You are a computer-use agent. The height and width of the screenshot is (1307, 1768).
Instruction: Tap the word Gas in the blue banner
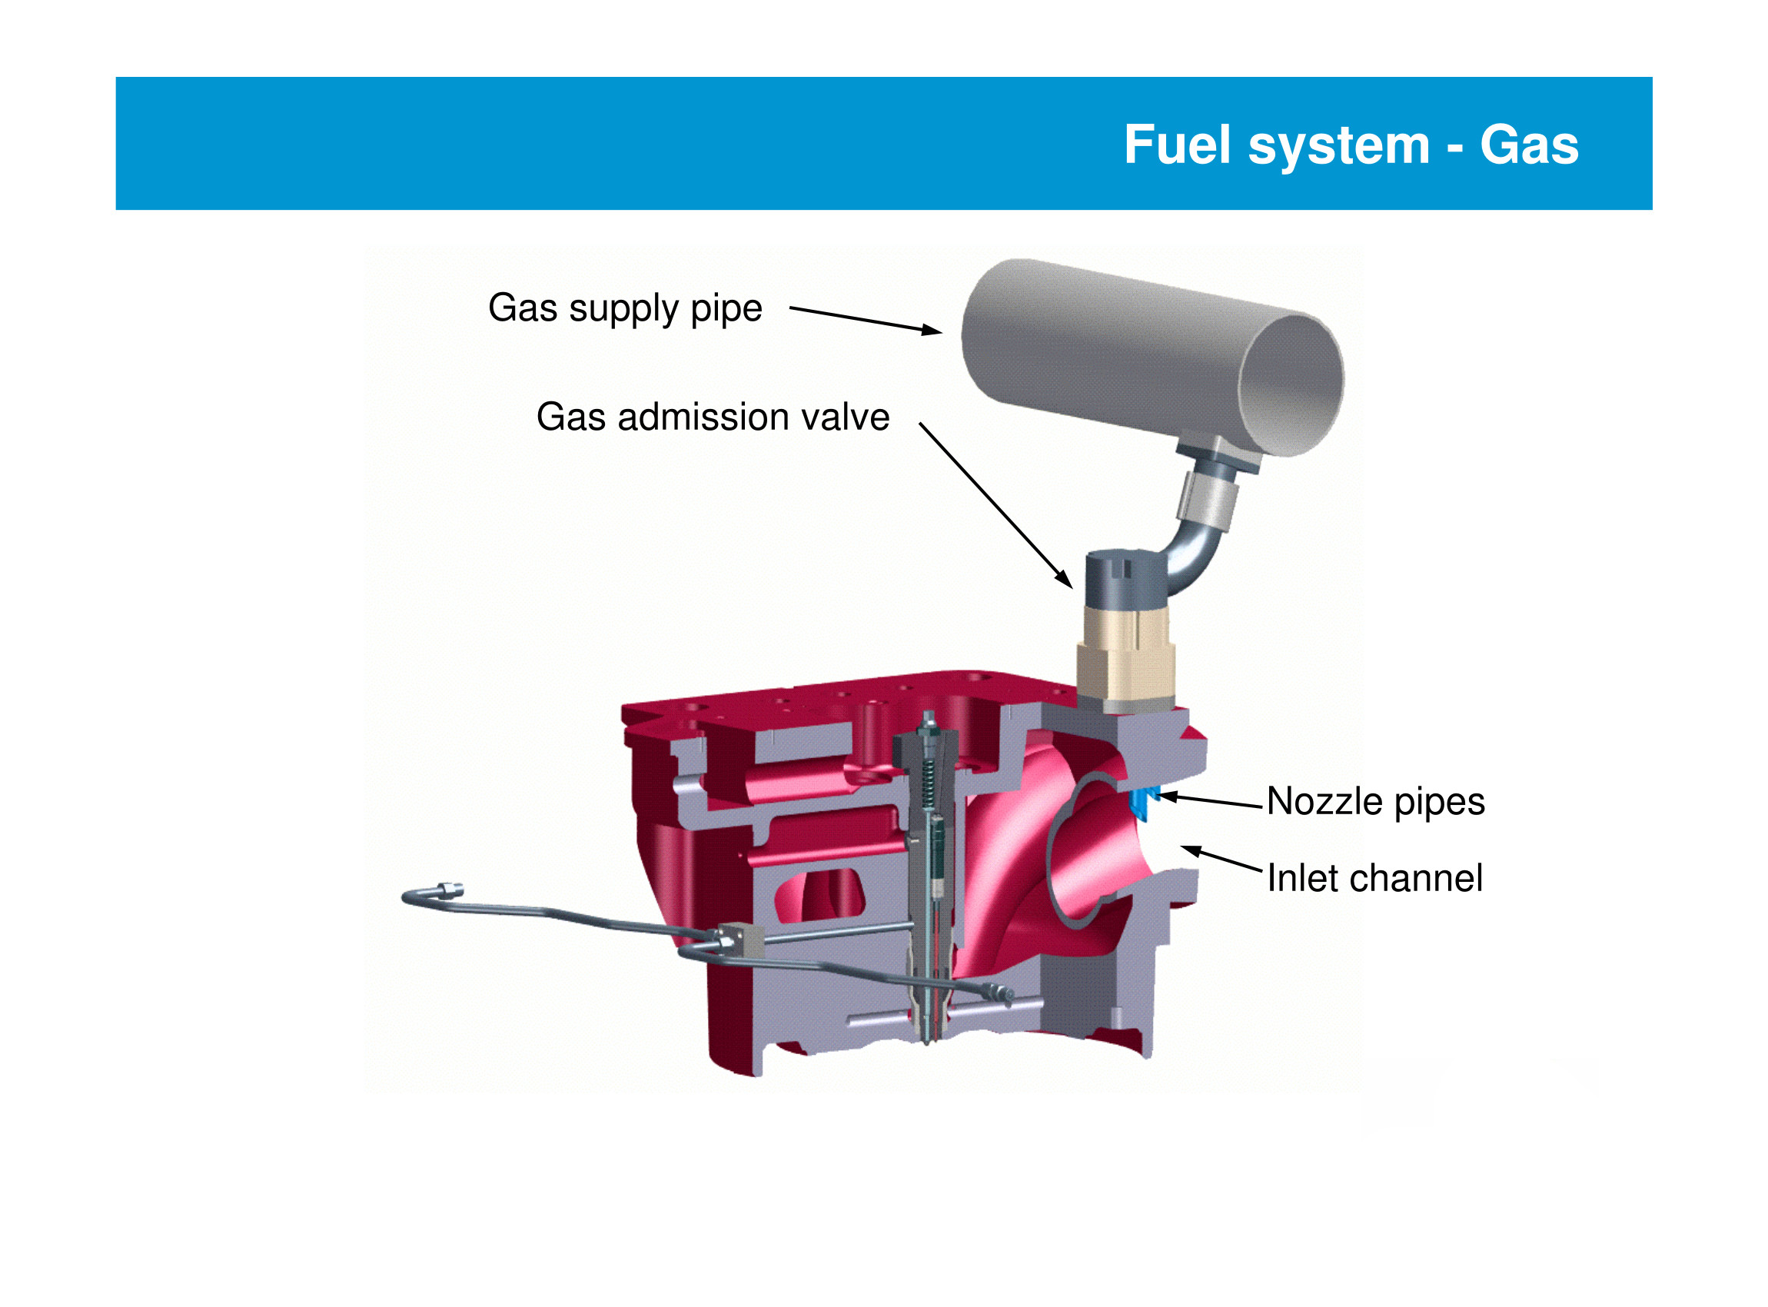point(1528,145)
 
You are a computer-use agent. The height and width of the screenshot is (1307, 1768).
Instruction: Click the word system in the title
point(1338,147)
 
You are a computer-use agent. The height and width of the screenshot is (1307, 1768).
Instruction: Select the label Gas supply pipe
point(625,308)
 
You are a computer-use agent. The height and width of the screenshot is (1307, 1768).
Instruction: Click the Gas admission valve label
point(713,417)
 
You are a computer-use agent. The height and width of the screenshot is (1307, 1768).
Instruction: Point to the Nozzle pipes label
point(1375,801)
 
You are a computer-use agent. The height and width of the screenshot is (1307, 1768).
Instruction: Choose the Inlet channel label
point(1374,878)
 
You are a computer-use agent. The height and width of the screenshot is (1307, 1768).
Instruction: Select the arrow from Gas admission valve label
point(995,505)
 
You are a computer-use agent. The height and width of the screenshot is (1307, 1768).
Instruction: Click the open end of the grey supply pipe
point(1290,385)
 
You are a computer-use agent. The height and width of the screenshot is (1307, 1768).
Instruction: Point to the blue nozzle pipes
point(1144,803)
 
